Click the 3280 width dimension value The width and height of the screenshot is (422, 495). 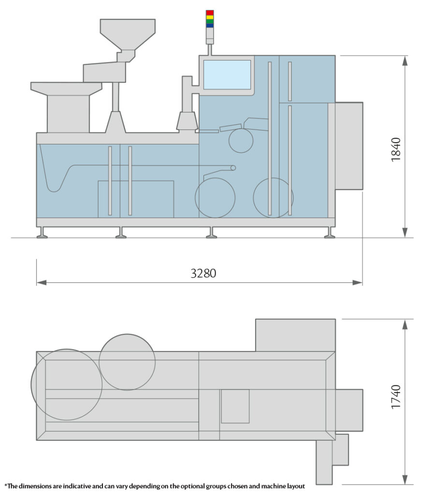(x=203, y=273)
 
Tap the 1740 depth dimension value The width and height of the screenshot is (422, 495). (x=396, y=397)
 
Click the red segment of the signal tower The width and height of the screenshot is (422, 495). (x=210, y=12)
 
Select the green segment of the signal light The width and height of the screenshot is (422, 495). (x=210, y=21)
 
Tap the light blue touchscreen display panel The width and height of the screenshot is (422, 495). (x=227, y=74)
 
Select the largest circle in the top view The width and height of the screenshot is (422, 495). (x=67, y=384)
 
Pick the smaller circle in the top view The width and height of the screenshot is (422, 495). (x=127, y=362)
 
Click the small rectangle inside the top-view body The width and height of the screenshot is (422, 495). (x=235, y=406)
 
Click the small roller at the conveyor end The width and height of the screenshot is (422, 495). (x=233, y=168)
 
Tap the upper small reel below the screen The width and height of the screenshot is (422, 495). (x=241, y=140)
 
